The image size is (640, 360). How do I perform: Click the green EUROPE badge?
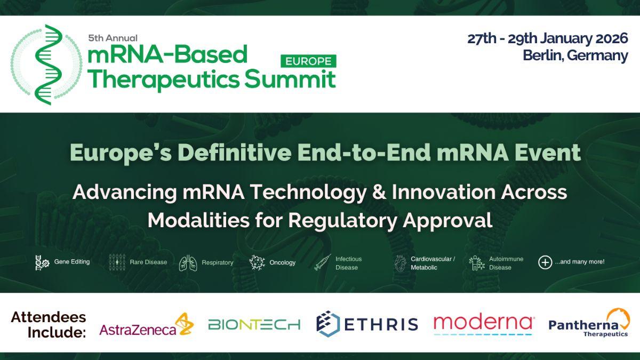[x=308, y=61]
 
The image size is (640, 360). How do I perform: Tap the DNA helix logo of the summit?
[x=47, y=65]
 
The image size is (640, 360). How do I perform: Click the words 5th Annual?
[x=113, y=38]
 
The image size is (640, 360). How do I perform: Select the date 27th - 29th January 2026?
[x=547, y=38]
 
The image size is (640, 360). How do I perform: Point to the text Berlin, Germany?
[x=575, y=55]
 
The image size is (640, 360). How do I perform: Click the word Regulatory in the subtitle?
[x=342, y=221]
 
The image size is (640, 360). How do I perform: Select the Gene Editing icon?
[x=42, y=262]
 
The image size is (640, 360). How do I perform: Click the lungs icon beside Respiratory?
[x=188, y=263]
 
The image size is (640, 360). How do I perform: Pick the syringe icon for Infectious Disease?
[x=323, y=262]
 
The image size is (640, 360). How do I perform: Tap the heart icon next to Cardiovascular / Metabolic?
[x=400, y=263]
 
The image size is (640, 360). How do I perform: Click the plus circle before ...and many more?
[x=545, y=262]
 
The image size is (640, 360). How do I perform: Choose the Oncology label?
[x=282, y=262]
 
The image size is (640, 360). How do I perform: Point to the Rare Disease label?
[x=148, y=262]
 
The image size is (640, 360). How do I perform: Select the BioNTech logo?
[x=254, y=325]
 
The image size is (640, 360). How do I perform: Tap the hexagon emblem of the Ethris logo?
[x=328, y=324]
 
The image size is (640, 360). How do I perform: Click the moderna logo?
[x=483, y=324]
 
